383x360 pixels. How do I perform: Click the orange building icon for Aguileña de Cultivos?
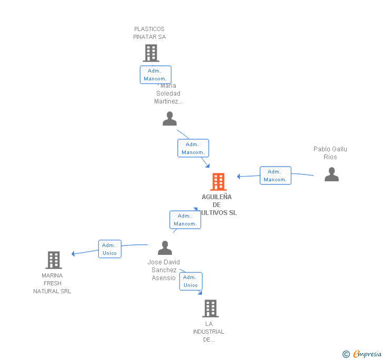pos(218,182)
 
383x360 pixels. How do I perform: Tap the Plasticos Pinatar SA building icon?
pos(151,53)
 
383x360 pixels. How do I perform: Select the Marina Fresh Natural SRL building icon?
pos(54,260)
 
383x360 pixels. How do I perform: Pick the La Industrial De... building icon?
pos(210,308)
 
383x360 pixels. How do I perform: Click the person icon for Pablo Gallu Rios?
pos(331,174)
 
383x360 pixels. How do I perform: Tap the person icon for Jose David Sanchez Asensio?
pos(165,248)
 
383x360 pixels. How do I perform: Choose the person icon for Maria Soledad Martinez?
pos(169,119)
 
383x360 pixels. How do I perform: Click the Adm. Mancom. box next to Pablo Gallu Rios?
pos(275,176)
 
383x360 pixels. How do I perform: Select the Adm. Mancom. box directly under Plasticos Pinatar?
pos(155,75)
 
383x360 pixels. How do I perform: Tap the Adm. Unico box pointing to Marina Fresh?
pos(109,249)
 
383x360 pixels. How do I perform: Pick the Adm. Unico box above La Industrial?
pos(190,281)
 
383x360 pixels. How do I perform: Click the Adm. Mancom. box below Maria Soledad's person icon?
pos(193,148)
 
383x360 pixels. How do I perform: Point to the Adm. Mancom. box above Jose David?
pos(185,220)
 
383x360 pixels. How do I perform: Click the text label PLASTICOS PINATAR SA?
pos(149,33)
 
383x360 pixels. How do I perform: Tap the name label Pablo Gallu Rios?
pos(330,153)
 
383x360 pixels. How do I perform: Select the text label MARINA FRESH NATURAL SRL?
pos(52,283)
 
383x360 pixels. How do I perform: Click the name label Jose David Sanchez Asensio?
pos(164,270)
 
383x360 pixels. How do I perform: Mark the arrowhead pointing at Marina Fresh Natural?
pos(74,254)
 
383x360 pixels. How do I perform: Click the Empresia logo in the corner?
pos(362,354)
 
